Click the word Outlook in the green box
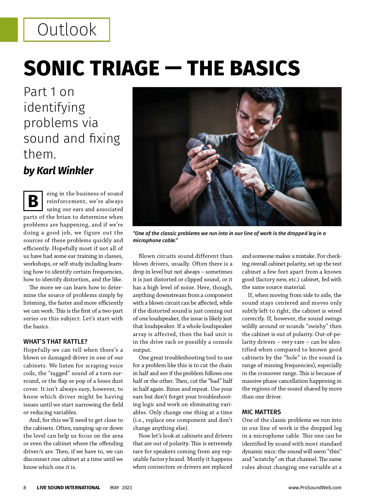click(x=67, y=30)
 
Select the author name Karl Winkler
click(x=65, y=170)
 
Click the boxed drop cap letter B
click(x=33, y=201)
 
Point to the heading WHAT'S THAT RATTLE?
click(x=55, y=342)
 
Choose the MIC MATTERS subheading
click(x=261, y=412)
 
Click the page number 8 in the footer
click(x=25, y=487)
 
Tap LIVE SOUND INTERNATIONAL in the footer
click(x=69, y=487)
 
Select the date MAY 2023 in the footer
click(x=121, y=487)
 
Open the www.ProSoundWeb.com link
click(x=315, y=487)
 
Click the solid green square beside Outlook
click(x=9, y=30)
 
